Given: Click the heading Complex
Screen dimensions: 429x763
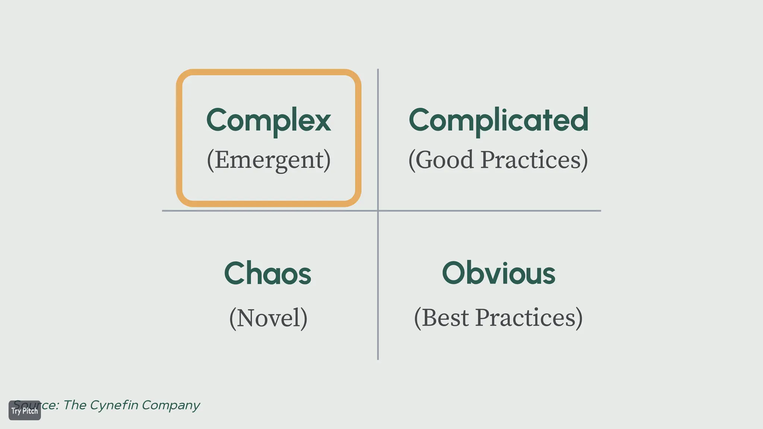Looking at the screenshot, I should (268, 120).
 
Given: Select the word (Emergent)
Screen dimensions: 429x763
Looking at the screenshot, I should (269, 160).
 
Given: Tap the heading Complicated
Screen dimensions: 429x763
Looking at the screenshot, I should (498, 120).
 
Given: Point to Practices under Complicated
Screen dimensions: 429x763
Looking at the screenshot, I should (534, 160).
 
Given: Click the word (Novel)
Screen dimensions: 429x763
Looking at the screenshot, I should (268, 318).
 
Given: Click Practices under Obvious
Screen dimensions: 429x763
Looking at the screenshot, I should (528, 318).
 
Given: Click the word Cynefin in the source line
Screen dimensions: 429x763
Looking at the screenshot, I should (114, 405).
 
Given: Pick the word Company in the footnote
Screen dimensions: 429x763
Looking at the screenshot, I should (171, 405).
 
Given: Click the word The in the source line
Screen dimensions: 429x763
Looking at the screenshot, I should (75, 405).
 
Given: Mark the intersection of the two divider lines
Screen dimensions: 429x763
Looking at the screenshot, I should (378, 211).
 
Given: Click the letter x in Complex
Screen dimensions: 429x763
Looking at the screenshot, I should (322, 122).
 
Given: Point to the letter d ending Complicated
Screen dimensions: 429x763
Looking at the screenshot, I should (579, 120).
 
